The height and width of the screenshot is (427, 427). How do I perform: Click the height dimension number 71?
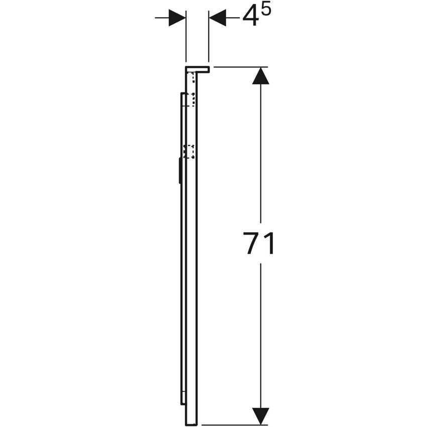[x=260, y=244]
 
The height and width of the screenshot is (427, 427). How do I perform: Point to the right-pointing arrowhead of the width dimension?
[x=177, y=18]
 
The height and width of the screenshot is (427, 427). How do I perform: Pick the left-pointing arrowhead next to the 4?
[x=217, y=18]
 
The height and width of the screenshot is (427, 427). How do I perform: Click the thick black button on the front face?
[x=179, y=171]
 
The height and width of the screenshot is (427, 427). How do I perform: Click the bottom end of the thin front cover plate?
[x=181, y=402]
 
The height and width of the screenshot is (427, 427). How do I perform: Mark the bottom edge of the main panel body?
[x=191, y=423]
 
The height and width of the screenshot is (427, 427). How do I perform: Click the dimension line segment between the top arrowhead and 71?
[x=260, y=151]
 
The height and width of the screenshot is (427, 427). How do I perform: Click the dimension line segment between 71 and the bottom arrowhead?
[x=260, y=332]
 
